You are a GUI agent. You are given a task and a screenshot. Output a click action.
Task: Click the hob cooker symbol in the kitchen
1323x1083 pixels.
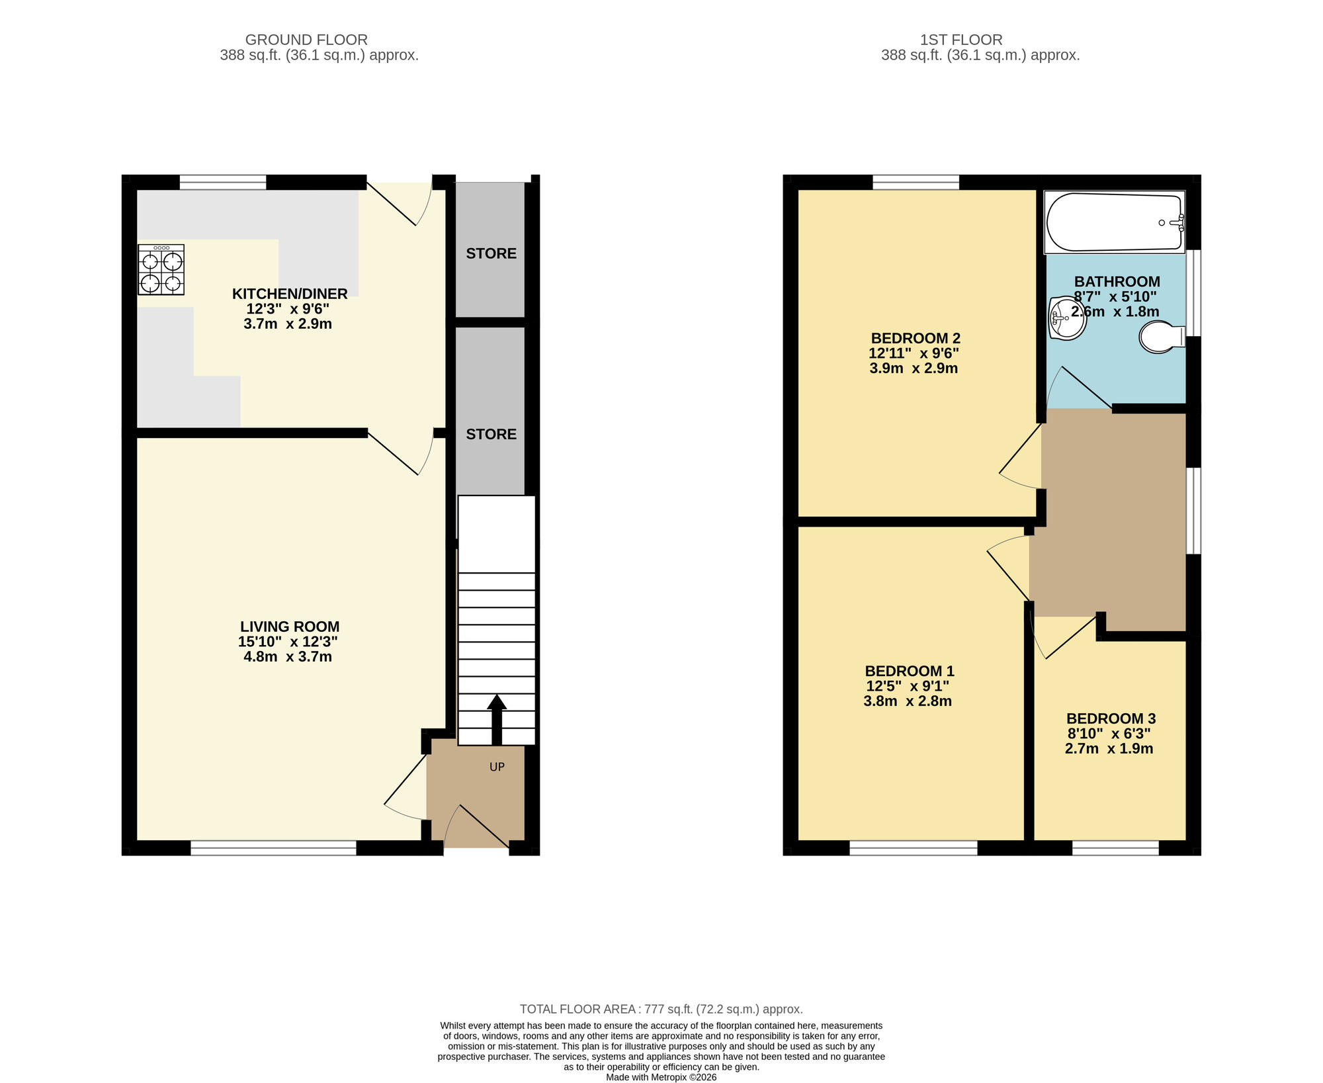coord(161,269)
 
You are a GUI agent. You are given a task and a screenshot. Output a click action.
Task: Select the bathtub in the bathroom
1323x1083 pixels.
coord(1115,222)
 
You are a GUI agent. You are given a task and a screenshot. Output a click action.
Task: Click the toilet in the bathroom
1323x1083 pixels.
coord(1162,337)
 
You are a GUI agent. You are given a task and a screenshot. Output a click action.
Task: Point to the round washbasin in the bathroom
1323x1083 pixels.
coord(1066,319)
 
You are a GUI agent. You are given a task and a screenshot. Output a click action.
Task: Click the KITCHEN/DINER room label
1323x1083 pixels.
coord(290,294)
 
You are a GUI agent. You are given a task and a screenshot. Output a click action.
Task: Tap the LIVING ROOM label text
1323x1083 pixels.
coord(290,627)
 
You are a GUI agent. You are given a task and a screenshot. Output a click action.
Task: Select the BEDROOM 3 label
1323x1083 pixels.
coord(1111,718)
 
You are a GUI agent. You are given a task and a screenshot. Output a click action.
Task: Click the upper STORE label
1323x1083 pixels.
coord(491,253)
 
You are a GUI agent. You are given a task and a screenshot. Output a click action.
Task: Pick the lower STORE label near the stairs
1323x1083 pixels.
coord(491,434)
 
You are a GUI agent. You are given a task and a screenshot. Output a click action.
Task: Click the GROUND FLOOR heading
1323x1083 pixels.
coord(306,40)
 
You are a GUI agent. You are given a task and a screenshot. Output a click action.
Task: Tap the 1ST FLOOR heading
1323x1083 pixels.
coord(961,40)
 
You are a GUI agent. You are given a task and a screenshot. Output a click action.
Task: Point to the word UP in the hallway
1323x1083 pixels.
coord(497,767)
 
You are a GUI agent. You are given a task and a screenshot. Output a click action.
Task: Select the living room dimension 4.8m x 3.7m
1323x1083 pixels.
coord(288,657)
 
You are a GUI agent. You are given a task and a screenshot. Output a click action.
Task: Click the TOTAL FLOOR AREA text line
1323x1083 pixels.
coord(661,1009)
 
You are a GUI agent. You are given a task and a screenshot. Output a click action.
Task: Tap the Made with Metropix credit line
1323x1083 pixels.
coord(661,1077)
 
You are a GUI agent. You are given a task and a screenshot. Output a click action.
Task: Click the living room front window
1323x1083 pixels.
coord(273,847)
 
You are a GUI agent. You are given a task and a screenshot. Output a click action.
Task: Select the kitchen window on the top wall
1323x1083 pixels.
coord(222,182)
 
